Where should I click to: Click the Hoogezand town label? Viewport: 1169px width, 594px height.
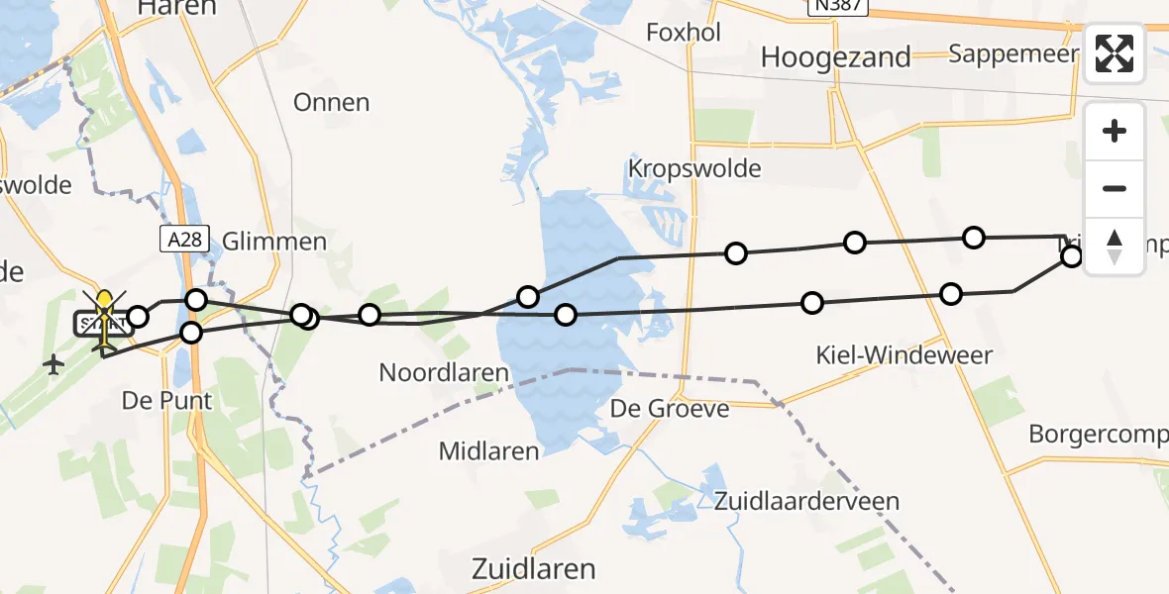[835, 57]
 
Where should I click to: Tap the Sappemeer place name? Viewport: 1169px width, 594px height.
[1012, 52]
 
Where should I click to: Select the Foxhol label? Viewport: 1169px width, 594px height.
[683, 32]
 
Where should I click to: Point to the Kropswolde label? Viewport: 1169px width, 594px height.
[694, 168]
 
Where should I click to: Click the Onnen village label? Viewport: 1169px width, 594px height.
[332, 102]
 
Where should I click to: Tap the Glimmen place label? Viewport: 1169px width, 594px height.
[274, 242]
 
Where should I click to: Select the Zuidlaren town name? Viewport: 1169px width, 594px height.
[534, 569]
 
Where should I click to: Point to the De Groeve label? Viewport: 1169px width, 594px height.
[670, 408]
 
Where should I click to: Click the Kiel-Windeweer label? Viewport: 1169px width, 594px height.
[903, 354]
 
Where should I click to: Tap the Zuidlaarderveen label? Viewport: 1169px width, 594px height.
[806, 501]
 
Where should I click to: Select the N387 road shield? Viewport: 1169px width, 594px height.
[837, 7]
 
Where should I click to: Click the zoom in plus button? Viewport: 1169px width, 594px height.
[1115, 131]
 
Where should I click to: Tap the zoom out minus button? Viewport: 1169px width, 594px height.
[1115, 188]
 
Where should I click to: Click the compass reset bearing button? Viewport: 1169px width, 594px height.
[1115, 246]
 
